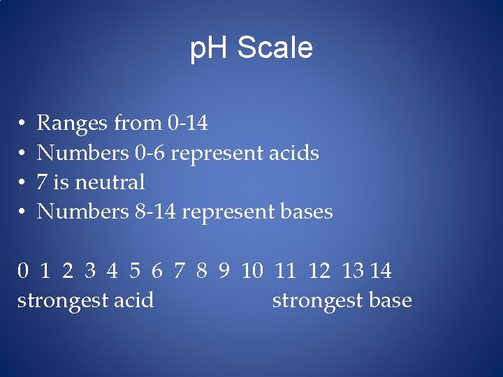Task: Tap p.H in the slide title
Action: coord(210,49)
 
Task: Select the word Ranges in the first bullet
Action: coord(70,124)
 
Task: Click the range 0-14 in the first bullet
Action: coord(188,124)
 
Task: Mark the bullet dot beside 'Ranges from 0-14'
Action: coord(22,124)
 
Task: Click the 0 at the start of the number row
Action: coord(23,271)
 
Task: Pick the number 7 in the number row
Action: coord(180,271)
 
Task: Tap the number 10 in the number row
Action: coord(251,271)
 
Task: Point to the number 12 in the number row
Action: coord(319,271)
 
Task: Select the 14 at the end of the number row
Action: coord(381,271)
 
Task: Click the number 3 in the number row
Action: coord(90,271)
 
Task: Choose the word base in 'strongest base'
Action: coord(389,301)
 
